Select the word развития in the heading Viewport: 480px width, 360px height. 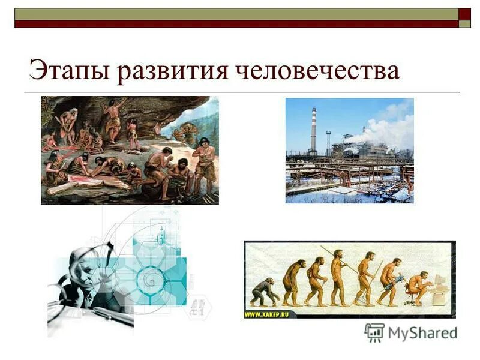click(174, 70)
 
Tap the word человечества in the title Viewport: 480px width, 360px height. click(318, 70)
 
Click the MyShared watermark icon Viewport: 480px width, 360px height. click(374, 332)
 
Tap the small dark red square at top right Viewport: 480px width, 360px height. click(464, 14)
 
